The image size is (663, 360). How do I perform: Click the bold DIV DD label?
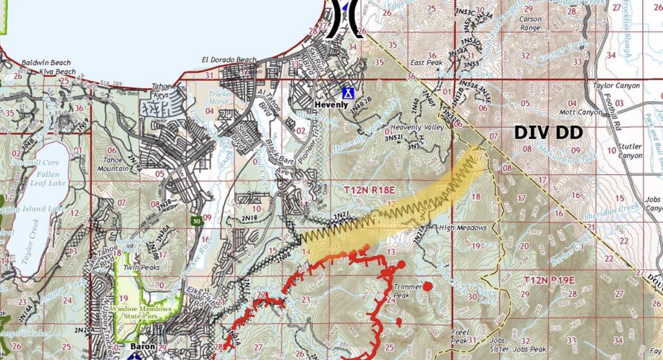coord(548,133)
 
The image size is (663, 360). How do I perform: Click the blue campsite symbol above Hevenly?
coord(348,93)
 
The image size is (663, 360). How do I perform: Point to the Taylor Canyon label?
coord(616,85)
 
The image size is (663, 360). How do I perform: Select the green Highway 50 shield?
coord(195,221)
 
